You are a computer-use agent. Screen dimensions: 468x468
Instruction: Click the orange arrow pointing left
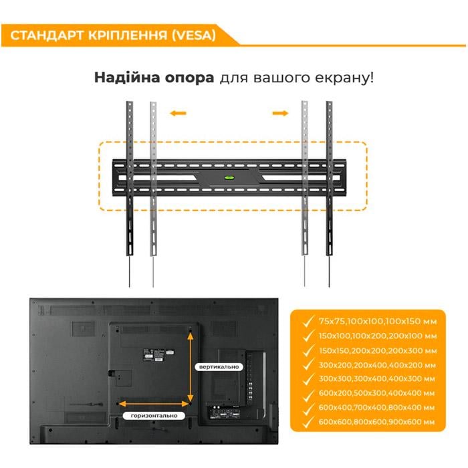pos(177,113)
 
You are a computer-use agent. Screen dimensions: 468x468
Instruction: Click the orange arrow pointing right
pos(280,113)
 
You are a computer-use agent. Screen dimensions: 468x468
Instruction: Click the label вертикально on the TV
pos(217,367)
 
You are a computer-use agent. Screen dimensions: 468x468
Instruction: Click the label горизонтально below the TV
pos(154,415)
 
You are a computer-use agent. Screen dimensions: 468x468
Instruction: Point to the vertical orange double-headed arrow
pos(191,366)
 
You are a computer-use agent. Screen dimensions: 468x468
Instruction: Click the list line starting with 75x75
pos(377,321)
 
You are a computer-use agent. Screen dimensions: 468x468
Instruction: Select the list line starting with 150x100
pos(377,336)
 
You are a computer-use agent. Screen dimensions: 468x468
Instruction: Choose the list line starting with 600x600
pos(377,423)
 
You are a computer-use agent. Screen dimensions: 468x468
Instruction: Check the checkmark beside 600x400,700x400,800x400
pos(307,408)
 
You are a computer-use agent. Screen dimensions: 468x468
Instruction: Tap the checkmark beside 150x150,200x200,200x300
pos(307,350)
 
